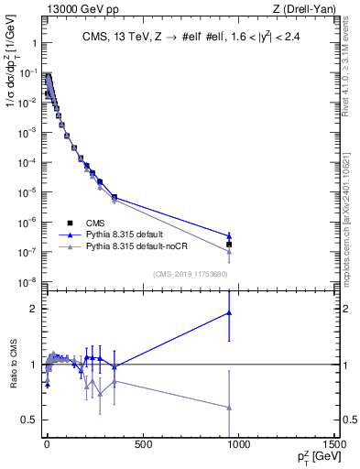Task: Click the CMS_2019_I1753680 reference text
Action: (191, 273)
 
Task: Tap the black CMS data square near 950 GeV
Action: (229, 245)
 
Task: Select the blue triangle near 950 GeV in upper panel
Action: (229, 235)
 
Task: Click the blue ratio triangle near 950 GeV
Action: (229, 312)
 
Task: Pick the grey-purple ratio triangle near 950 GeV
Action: (229, 408)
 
